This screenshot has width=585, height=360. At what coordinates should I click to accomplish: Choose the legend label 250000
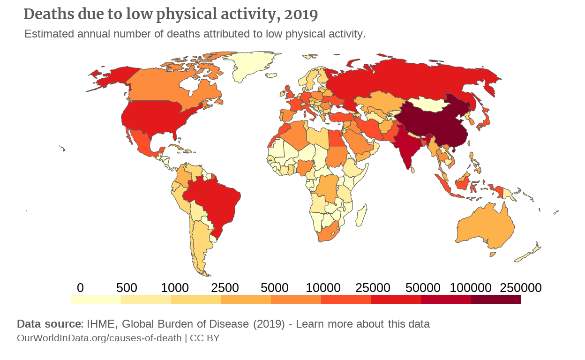click(x=520, y=287)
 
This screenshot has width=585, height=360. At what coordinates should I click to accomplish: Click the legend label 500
click(x=127, y=287)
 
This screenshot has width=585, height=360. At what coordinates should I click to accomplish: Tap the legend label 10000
click(x=323, y=287)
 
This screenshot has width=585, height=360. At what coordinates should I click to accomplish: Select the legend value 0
click(x=80, y=287)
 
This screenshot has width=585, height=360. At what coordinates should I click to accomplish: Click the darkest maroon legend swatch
click(x=495, y=300)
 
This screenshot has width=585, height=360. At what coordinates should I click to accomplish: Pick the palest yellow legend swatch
click(x=96, y=300)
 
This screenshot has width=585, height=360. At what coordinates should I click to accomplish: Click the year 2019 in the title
click(x=301, y=15)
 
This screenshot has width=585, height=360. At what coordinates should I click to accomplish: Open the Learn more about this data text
click(x=363, y=324)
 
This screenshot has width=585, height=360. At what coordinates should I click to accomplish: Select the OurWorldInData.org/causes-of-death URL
click(x=99, y=338)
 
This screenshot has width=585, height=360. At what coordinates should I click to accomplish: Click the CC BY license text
click(x=204, y=338)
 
